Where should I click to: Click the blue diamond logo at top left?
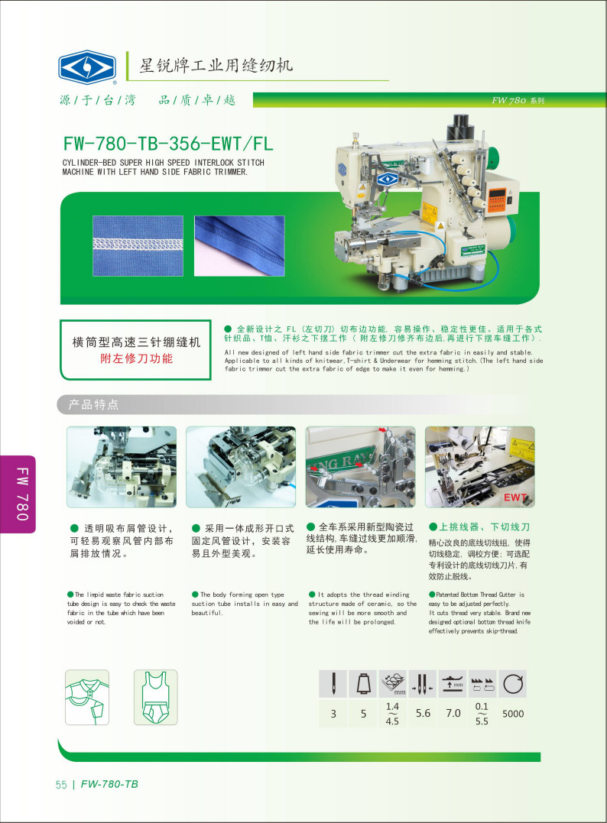tap(87, 67)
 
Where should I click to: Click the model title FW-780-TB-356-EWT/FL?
tap(168, 144)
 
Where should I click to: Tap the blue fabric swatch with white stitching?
tap(138, 245)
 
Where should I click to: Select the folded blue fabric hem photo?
tap(239, 245)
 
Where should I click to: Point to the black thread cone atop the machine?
tap(460, 127)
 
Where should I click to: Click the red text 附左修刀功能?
tap(137, 358)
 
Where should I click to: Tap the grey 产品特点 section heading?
tap(93, 404)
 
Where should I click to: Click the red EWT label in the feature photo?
tap(514, 497)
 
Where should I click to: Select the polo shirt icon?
tap(87, 697)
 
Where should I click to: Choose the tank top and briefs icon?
tap(155, 697)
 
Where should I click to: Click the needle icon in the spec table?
tap(333, 683)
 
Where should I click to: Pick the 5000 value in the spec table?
tap(513, 713)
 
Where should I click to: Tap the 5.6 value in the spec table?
tap(423, 713)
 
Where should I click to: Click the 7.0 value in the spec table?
tap(453, 713)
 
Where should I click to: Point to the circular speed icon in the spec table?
tap(513, 684)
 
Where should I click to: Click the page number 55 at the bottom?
tap(61, 784)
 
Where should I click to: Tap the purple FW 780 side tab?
tap(20, 494)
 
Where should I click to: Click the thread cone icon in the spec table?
tap(363, 683)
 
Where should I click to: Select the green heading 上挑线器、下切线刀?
tap(479, 527)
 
